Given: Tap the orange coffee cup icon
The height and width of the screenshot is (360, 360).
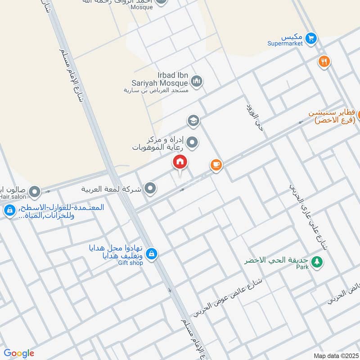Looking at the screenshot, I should click(x=216, y=165).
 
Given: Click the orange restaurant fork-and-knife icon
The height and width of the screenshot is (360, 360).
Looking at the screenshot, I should click(x=324, y=62).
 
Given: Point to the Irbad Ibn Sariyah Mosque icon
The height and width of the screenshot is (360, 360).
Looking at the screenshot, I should click(x=197, y=81).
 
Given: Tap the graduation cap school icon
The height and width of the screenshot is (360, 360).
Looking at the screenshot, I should click(x=193, y=121).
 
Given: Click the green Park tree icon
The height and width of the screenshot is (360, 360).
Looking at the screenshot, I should click(x=317, y=261).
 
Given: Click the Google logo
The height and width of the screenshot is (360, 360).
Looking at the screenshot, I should click(x=19, y=353).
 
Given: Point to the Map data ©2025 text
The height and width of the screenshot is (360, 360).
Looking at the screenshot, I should click(x=335, y=356).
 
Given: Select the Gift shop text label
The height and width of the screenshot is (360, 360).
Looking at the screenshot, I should click(x=130, y=263).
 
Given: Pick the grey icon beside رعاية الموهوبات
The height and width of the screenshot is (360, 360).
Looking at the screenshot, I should click(x=193, y=143).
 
